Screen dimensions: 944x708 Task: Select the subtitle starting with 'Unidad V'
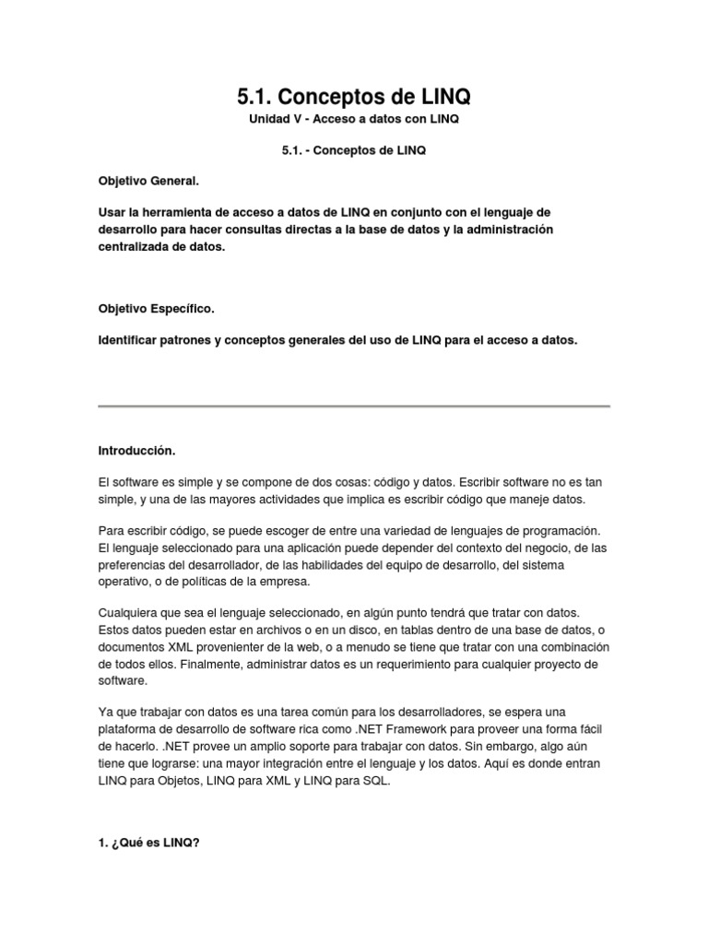point(354,120)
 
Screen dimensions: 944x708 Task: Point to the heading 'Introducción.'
point(136,452)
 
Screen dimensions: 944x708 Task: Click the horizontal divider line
point(354,406)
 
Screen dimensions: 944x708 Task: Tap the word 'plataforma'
point(127,729)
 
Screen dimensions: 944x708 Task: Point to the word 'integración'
point(357,762)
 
